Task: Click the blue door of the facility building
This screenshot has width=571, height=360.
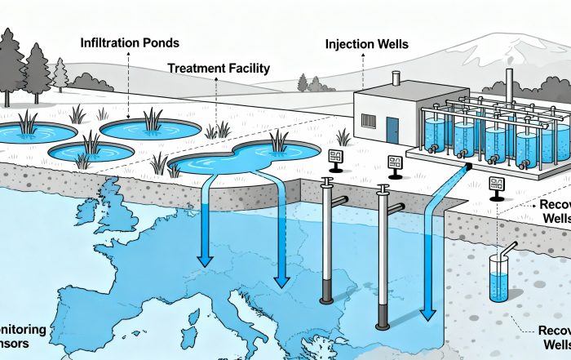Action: click(x=393, y=127)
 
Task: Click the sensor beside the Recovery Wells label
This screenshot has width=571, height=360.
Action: click(x=494, y=187)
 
